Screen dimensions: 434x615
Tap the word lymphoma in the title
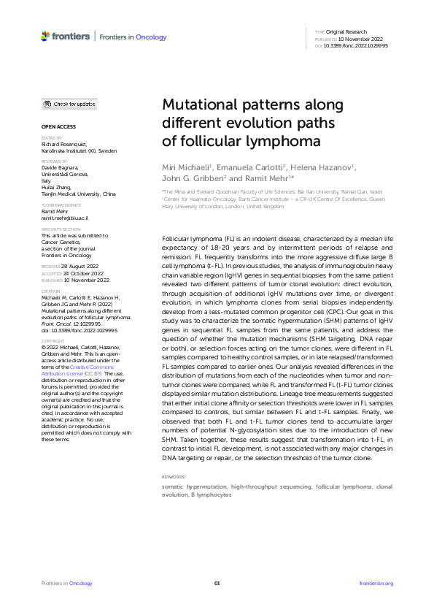pos(268,140)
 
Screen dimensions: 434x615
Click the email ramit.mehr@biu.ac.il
pos(64,218)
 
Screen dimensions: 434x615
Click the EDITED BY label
pos(51,137)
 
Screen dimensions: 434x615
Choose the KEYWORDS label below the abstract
pos(173,477)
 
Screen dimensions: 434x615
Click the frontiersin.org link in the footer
pos(376,583)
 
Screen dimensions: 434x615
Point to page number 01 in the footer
pos(217,583)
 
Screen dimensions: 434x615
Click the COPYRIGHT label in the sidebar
pos(53,340)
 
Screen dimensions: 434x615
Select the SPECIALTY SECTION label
pos(59,229)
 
